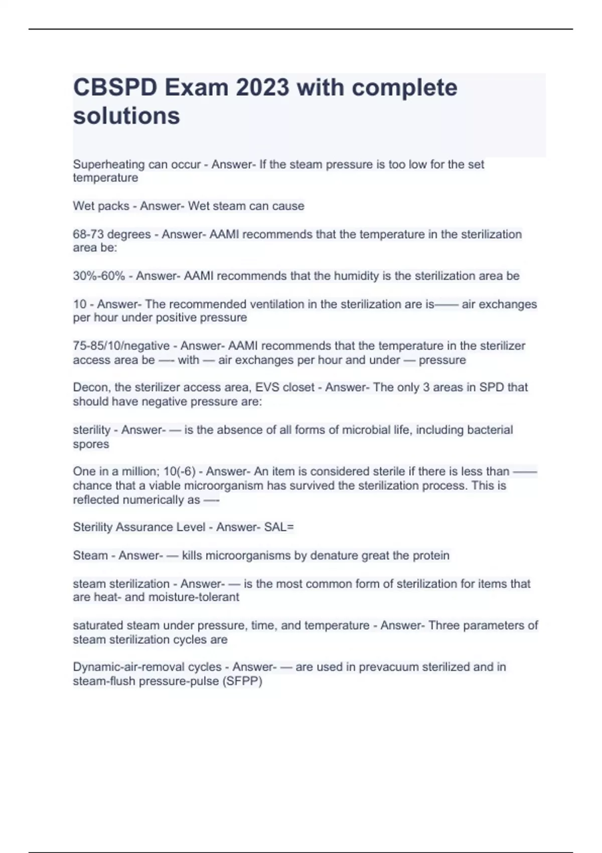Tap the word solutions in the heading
pyautogui.click(x=126, y=116)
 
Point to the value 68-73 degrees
pyautogui.click(x=111, y=234)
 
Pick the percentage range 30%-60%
pyautogui.click(x=99, y=276)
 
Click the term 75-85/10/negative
pyautogui.click(x=121, y=346)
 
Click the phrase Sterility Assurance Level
pyautogui.click(x=139, y=527)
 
